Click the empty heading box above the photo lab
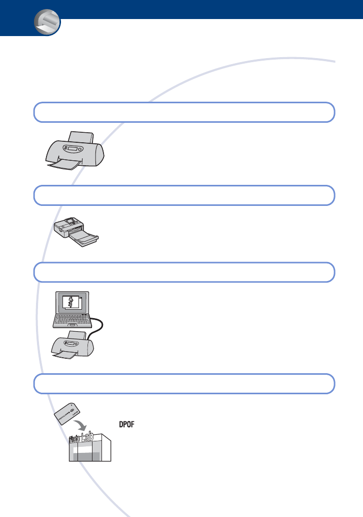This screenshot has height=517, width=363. pos(183,383)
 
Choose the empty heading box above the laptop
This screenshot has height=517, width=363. pos(183,272)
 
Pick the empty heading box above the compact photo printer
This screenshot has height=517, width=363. pos(183,195)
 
